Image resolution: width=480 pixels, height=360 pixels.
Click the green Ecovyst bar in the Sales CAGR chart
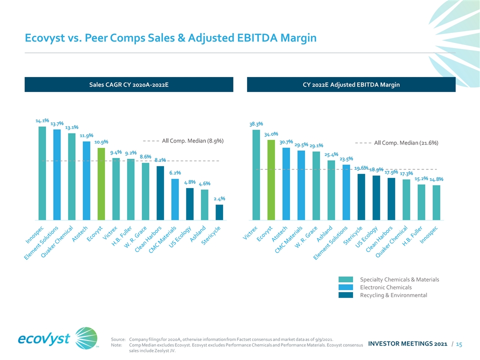(101, 183)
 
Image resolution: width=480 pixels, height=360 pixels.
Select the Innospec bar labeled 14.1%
(42, 172)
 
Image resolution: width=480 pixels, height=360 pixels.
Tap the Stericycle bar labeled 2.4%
(219, 212)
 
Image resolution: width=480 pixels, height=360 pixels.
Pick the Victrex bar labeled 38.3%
(256, 174)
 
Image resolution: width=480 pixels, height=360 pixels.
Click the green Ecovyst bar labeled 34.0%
(271, 179)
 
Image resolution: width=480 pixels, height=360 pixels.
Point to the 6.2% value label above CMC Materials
(174, 173)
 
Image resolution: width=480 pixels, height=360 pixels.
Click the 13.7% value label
(57, 123)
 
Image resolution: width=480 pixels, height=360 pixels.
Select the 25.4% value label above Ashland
(331, 154)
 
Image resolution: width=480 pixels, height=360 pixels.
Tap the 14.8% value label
(436, 179)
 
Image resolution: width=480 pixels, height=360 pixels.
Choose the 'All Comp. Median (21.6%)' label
(406, 143)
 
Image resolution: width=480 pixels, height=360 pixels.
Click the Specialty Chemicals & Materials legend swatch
(345, 279)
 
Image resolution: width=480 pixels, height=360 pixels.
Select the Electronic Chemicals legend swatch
(345, 287)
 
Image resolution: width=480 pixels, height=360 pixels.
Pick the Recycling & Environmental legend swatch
(345, 295)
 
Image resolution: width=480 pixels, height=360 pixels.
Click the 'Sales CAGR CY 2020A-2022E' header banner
(129, 84)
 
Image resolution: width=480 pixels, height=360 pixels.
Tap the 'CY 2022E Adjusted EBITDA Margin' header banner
(351, 84)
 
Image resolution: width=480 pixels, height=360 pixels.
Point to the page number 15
(458, 344)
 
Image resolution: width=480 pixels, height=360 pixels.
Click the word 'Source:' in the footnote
(118, 339)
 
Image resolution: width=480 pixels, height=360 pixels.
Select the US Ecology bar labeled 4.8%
(189, 203)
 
